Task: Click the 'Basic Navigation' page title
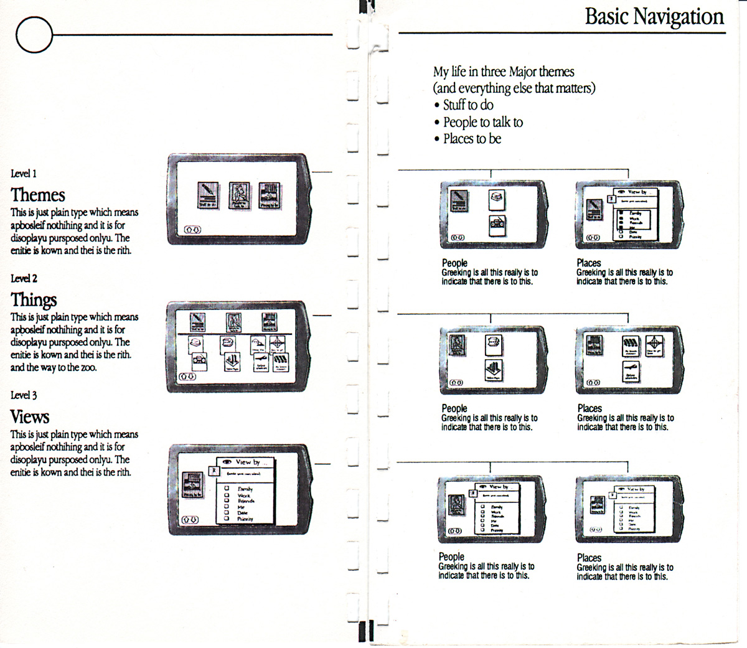tap(654, 17)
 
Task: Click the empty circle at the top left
tap(34, 34)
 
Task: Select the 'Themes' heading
tap(38, 195)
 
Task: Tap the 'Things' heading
tap(34, 300)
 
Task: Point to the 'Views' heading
tap(30, 416)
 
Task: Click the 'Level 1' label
tap(24, 174)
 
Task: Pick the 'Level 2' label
tap(24, 278)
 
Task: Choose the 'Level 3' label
tap(24, 395)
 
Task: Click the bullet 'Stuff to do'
tap(468, 105)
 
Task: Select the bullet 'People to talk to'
tap(482, 122)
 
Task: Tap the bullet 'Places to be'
tap(472, 139)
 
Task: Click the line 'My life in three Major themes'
tap(504, 72)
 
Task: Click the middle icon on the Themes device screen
tap(239, 195)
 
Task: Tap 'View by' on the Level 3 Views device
tap(247, 462)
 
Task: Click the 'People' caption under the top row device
tap(454, 263)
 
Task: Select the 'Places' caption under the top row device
tap(589, 263)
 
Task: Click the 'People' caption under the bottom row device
tap(451, 556)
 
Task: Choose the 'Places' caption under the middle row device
tap(590, 408)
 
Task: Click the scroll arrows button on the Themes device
tap(193, 230)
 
